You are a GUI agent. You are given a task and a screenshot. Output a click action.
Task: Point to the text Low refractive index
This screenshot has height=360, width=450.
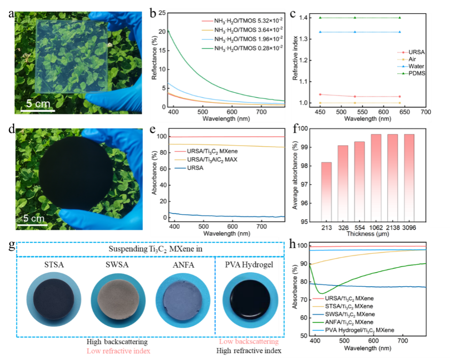click(119, 351)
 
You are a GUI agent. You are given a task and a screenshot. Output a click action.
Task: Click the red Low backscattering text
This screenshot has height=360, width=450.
click(249, 342)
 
